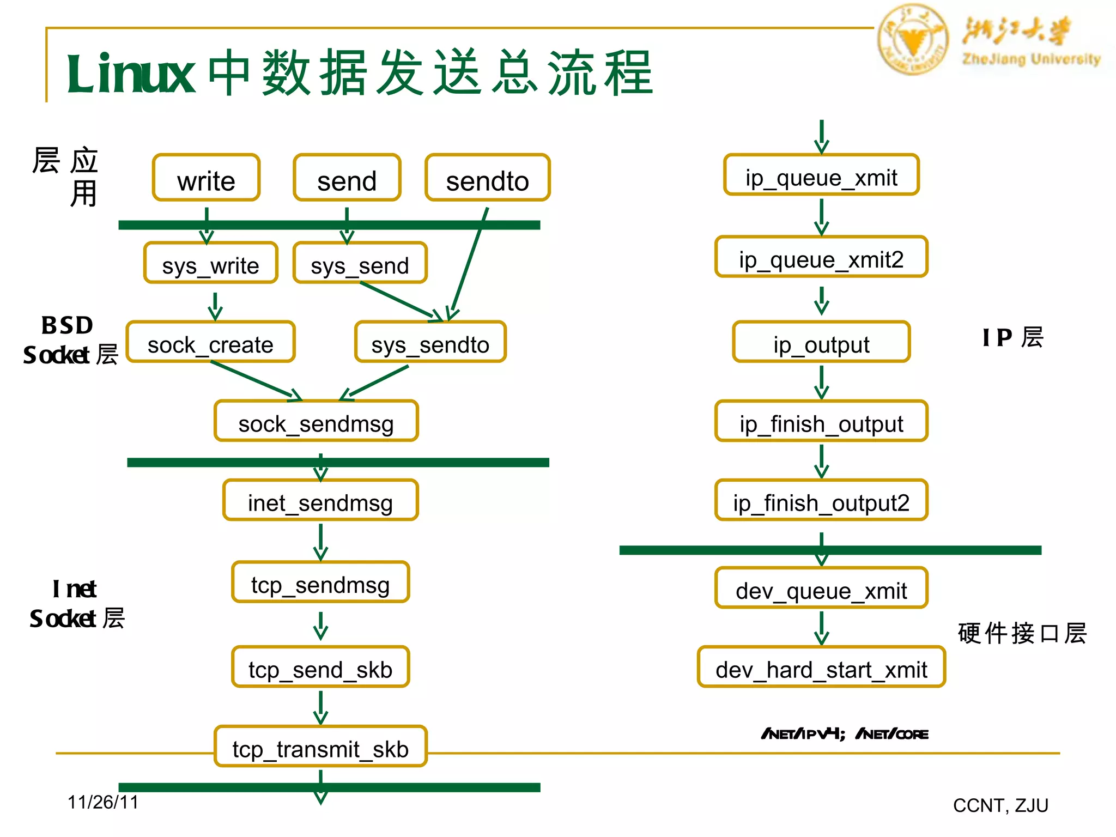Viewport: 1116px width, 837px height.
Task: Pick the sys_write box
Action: pos(210,264)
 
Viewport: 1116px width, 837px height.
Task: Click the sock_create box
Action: pos(210,343)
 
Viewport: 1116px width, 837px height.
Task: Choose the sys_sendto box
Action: pos(430,343)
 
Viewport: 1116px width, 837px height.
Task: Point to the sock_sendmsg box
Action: pos(316,422)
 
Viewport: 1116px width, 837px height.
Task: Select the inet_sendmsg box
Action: pos(320,501)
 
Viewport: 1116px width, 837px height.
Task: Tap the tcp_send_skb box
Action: pos(320,668)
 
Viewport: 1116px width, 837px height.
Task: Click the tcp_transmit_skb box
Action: pos(320,747)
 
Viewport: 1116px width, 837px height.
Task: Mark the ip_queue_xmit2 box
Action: pos(821,258)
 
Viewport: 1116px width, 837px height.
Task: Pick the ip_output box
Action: pos(821,343)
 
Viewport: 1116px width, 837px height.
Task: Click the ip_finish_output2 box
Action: pos(821,501)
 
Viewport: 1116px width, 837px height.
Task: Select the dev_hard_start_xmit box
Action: pos(821,668)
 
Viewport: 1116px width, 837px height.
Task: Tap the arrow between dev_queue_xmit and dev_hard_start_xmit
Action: pos(821,628)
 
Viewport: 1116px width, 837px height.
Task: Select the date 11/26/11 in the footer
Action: pos(103,802)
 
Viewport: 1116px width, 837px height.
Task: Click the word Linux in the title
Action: pos(131,74)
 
